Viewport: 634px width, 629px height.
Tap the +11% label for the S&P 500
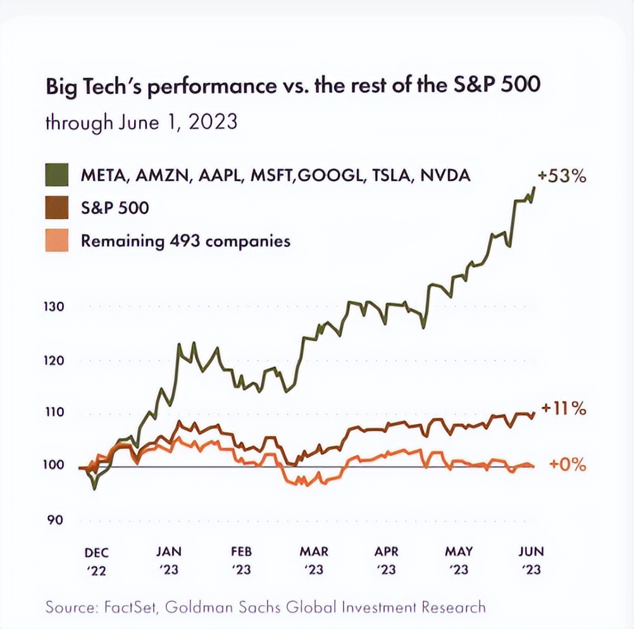563,409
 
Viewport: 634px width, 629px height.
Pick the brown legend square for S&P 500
57,208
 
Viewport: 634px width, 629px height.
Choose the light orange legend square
57,241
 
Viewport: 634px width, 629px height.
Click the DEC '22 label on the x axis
96,561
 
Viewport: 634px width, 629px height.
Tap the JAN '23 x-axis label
168,561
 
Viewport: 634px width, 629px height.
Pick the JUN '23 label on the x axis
531,561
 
